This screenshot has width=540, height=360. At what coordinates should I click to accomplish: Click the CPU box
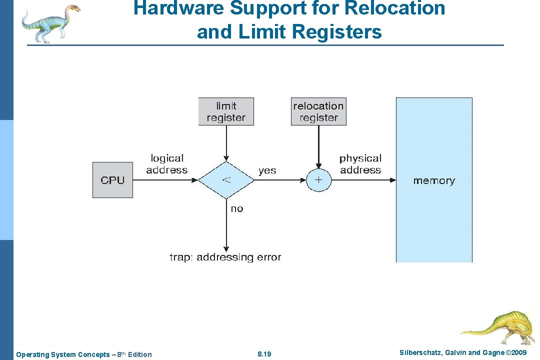click(112, 180)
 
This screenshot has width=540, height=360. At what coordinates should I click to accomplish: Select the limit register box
click(226, 111)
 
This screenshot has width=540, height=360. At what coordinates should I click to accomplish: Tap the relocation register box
click(318, 111)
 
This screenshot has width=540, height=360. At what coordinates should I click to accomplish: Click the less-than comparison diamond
click(226, 180)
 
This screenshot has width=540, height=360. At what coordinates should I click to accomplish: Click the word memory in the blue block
click(433, 180)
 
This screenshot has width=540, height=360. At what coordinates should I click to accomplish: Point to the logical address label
click(167, 164)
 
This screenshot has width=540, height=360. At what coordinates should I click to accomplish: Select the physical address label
click(360, 164)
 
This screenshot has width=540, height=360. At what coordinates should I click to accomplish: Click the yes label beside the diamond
click(267, 170)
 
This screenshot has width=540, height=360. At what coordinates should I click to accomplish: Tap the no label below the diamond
click(237, 208)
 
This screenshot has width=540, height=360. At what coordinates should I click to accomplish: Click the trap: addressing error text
click(225, 257)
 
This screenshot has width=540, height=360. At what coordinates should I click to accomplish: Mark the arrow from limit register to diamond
click(226, 142)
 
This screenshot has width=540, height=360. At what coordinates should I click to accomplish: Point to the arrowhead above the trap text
click(226, 248)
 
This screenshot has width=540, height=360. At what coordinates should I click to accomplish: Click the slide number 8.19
click(264, 354)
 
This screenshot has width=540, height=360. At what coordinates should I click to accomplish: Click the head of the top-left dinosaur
click(73, 8)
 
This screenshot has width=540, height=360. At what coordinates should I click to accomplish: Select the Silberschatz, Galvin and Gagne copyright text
click(463, 353)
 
